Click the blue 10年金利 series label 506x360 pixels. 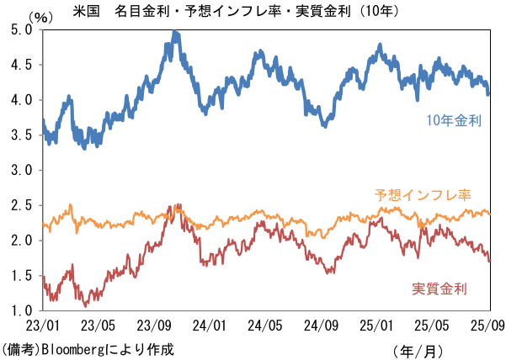tap(454, 121)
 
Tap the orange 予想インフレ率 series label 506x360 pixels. tap(423, 195)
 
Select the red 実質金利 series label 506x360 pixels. tap(439, 289)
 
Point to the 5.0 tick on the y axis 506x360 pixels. tap(22, 29)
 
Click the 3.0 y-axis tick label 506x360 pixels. tap(22, 170)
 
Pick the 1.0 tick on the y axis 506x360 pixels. tap(22, 310)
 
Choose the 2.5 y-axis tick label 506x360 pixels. tap(22, 205)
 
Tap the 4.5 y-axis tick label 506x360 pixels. tap(22, 65)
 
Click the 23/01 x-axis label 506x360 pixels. tap(43, 326)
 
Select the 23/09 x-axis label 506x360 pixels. tap(154, 326)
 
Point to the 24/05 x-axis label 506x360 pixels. tap(265, 326)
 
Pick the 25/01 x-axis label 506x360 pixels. tap(376, 326)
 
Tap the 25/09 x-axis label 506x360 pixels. tap(488, 326)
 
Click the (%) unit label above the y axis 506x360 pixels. tap(40, 18)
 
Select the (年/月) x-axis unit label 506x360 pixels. tap(418, 351)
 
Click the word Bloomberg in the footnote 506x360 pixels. tap(73, 349)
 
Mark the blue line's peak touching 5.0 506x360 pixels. tap(174, 31)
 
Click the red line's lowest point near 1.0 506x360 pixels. tap(86, 305)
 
